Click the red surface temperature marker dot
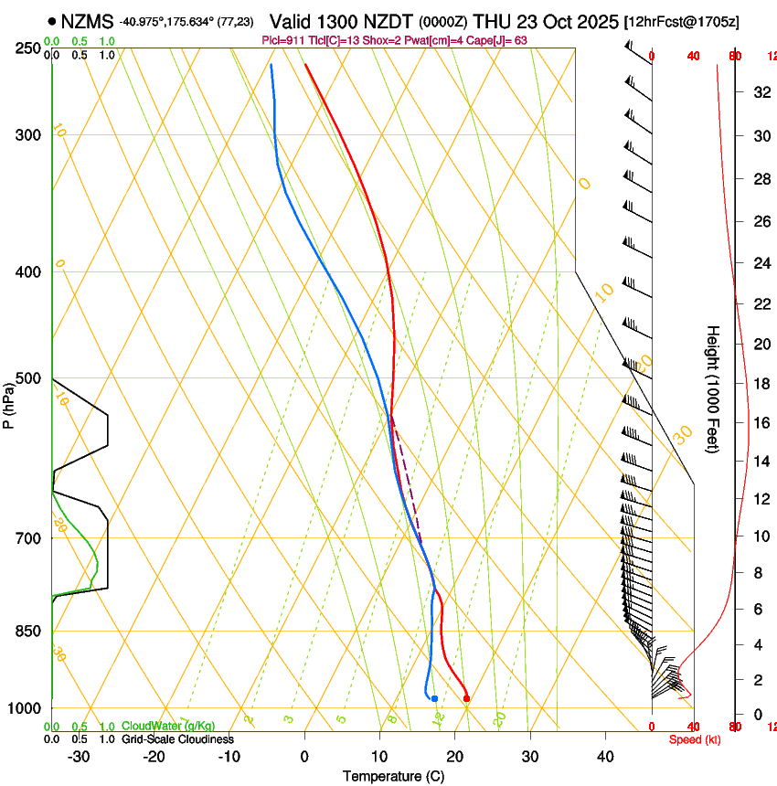[x=466, y=699]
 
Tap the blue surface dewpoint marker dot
[x=435, y=699]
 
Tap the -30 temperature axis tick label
[x=80, y=757]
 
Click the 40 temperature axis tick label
[x=605, y=757]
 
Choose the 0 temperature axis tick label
[x=304, y=757]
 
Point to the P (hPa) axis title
[x=9, y=404]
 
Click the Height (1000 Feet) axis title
[x=714, y=388]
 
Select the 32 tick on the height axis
[x=759, y=92]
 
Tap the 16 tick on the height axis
[x=759, y=422]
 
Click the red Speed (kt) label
[x=695, y=739]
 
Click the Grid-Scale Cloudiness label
[x=177, y=739]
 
